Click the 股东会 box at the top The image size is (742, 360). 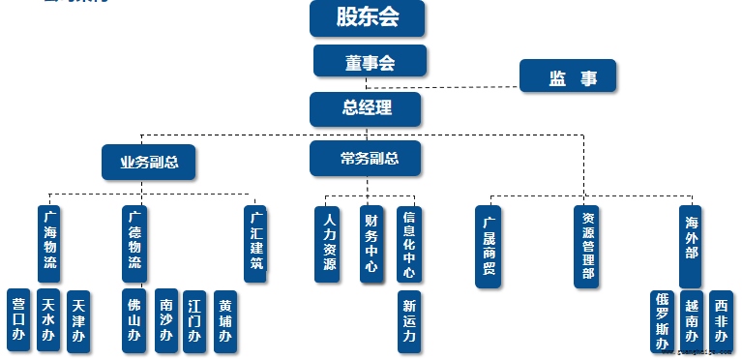[368, 17]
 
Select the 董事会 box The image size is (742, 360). [370, 60]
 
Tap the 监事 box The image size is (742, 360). [567, 77]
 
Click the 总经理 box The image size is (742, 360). [366, 108]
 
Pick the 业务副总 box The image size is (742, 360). [149, 162]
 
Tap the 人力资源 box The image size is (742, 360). [330, 243]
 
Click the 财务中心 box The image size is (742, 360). [371, 243]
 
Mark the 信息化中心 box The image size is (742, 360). [408, 243]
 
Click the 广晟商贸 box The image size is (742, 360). [490, 246]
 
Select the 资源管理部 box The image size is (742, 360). [586, 246]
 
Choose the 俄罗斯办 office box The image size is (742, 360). [662, 321]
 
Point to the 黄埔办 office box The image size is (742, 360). [225, 320]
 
